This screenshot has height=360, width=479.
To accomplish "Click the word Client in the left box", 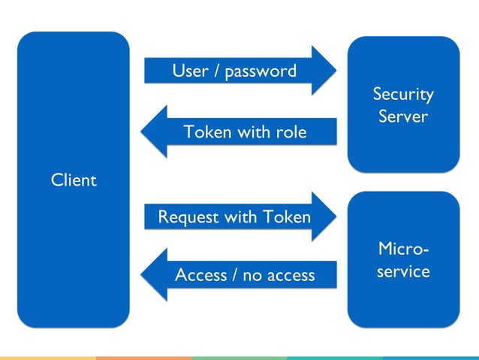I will (x=74, y=180).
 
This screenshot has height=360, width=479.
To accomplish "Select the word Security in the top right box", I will (x=403, y=95).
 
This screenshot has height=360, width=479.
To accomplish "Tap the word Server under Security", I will (x=403, y=117).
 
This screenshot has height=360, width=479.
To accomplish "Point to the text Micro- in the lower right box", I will (x=403, y=248).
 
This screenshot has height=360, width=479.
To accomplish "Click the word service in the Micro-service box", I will (x=403, y=271).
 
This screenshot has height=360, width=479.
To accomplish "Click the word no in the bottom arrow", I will (x=253, y=276).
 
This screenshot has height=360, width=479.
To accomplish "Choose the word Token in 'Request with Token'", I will (x=286, y=217).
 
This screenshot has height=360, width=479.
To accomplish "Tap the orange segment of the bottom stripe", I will (x=143, y=358).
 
